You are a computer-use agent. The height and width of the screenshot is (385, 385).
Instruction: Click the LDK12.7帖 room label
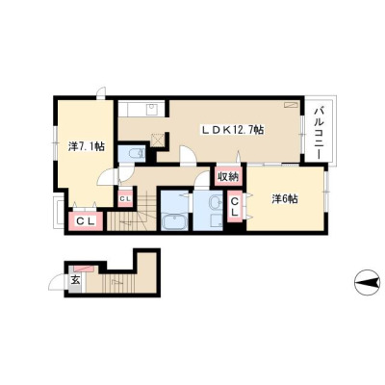(x=233, y=130)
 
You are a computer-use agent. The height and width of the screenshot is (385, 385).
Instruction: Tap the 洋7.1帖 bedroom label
(x=86, y=146)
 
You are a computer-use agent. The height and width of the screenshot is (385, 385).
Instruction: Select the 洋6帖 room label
(x=285, y=199)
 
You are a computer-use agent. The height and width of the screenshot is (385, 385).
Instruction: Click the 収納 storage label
(x=228, y=176)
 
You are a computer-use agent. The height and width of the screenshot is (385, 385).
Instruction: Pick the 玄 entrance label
(x=75, y=280)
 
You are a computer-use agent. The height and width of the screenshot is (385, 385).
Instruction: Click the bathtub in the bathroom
(x=173, y=222)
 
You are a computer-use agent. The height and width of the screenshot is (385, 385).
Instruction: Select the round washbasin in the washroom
(x=215, y=203)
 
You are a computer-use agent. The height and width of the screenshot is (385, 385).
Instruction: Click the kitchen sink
(x=151, y=110)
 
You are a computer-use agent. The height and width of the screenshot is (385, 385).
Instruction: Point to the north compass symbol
(x=367, y=282)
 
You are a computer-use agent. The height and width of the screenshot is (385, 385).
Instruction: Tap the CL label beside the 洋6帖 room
(x=235, y=207)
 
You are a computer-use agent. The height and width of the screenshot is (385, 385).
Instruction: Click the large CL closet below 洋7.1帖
(x=86, y=221)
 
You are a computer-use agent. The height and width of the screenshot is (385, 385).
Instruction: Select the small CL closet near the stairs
(x=125, y=198)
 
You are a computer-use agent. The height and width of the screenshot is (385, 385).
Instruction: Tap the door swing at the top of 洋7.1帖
(x=102, y=92)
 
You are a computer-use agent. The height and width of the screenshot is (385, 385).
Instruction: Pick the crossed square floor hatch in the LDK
(x=158, y=140)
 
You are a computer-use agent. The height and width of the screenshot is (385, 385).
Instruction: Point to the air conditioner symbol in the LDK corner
(x=291, y=105)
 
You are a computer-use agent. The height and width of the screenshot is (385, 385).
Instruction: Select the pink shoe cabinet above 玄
(x=84, y=269)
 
